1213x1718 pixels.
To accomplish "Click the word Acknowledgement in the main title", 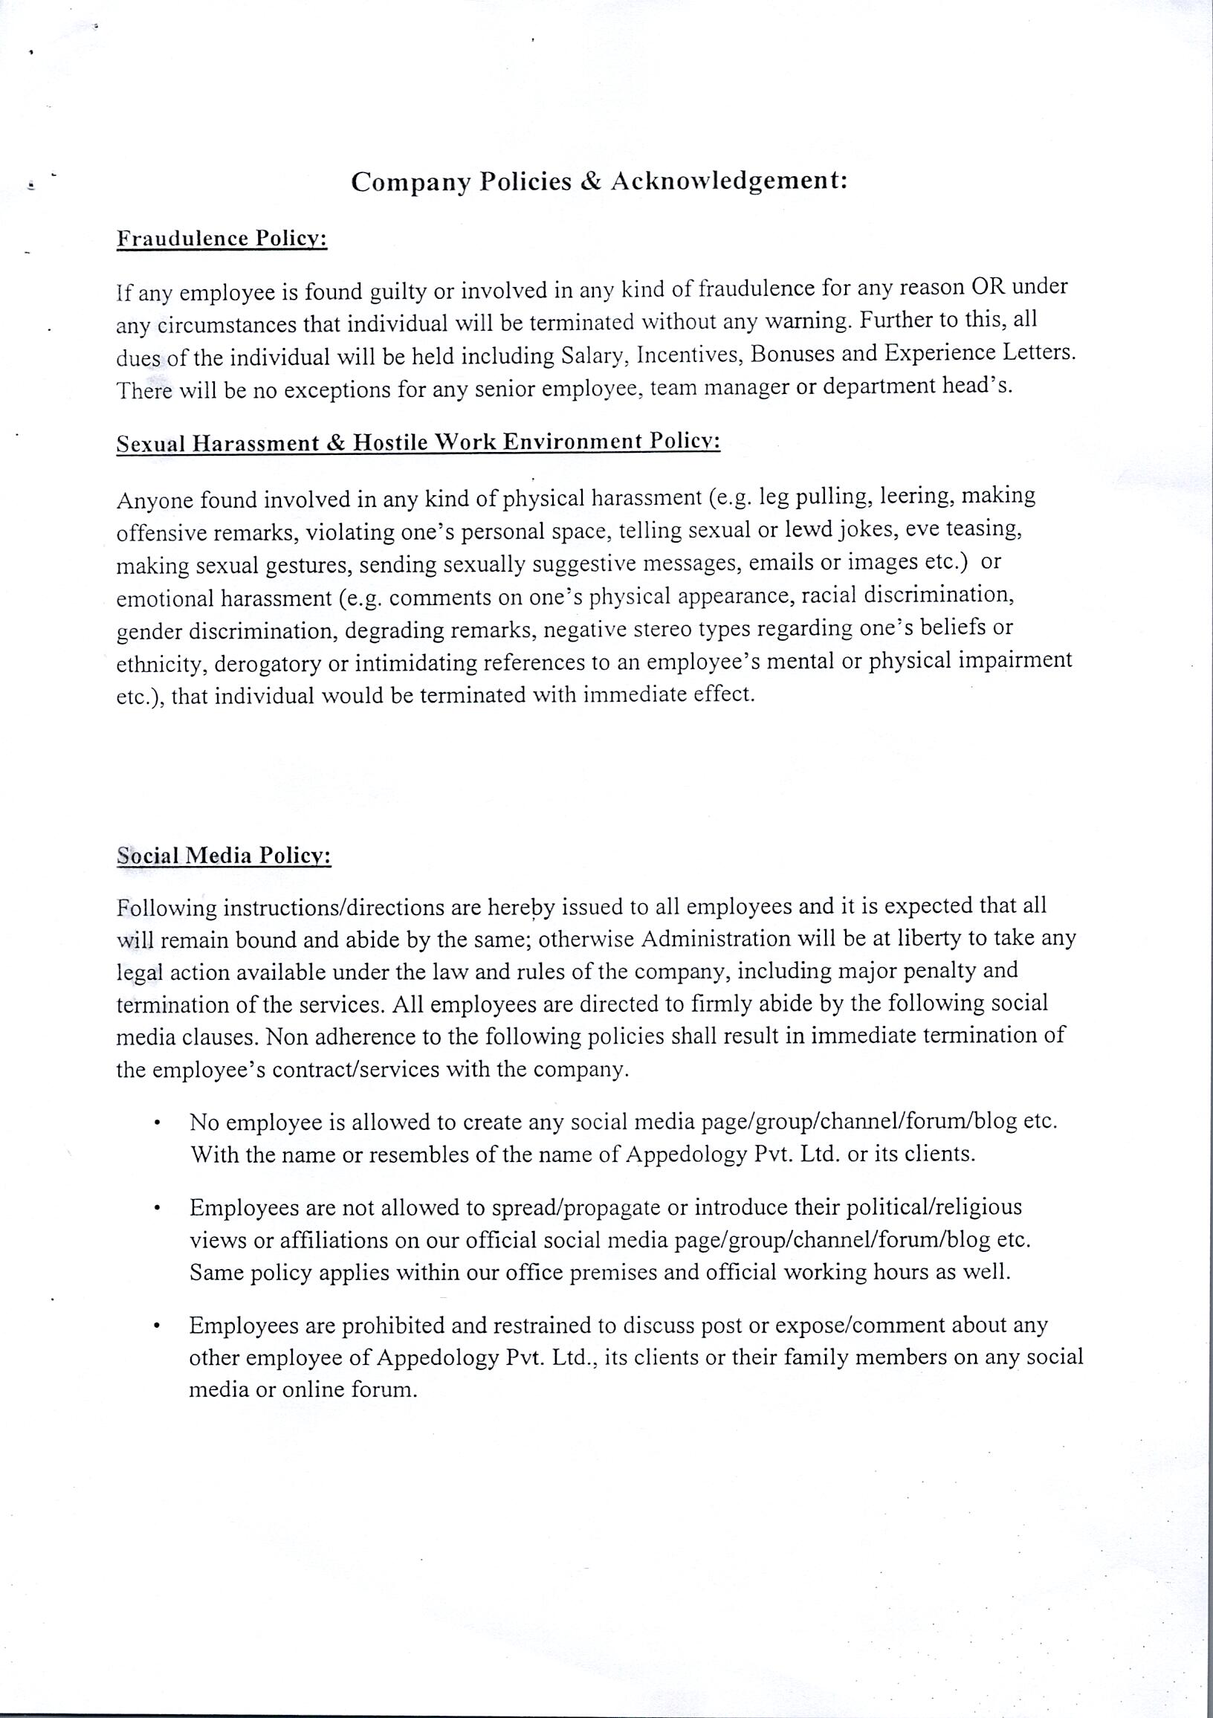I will coord(728,182).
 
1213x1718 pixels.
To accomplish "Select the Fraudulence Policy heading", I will coord(221,239).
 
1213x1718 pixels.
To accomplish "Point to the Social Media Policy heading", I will coord(224,856).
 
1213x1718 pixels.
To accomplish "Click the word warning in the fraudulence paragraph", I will coord(815,321).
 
